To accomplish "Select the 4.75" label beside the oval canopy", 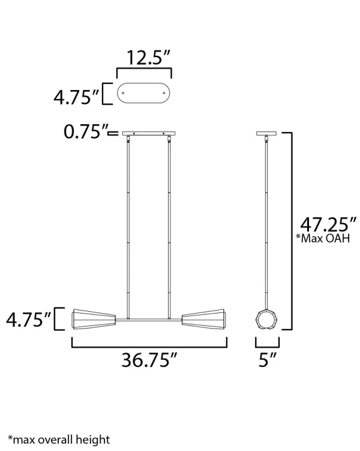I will point(76,97).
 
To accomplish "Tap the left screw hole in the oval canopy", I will point(124,94).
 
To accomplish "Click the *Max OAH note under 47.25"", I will point(322,239).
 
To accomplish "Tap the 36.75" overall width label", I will point(149,360).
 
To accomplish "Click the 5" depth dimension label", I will point(268,360).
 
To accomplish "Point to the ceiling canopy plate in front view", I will point(149,133).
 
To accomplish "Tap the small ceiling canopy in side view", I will point(265,133).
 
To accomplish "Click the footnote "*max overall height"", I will point(59,440).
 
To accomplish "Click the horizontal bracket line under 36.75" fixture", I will point(149,347).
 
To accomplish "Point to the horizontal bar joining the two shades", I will point(149,319).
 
